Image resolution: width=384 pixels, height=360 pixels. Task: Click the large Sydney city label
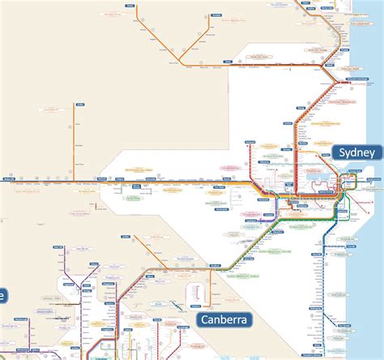(x=356, y=152)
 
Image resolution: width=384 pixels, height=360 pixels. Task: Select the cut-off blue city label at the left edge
(x=3, y=294)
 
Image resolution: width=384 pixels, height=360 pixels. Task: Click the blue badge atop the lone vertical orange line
(x=79, y=104)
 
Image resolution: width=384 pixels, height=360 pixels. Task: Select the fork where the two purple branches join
(x=79, y=285)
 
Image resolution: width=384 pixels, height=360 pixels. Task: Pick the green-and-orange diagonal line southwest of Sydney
(x=243, y=251)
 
